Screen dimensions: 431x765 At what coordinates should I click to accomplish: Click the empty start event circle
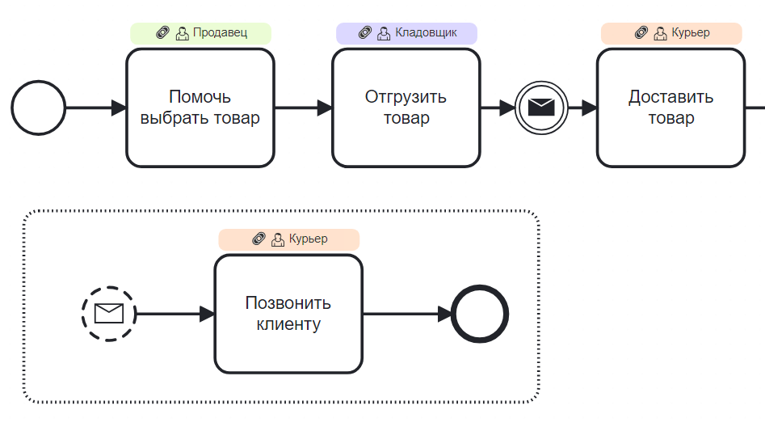tap(38, 108)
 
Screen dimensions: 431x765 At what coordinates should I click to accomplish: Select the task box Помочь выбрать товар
tap(200, 108)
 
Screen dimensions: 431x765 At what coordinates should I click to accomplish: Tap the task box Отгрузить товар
tap(406, 108)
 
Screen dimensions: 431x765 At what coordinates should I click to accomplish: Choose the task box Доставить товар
tap(670, 108)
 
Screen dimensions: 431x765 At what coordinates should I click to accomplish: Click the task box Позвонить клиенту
tap(288, 314)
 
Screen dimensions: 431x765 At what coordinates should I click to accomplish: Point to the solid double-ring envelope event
tap(540, 108)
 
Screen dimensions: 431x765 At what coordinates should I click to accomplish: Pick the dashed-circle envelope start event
tap(108, 314)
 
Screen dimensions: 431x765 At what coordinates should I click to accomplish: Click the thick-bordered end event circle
tap(480, 314)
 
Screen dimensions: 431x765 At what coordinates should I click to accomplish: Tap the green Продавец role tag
tap(200, 33)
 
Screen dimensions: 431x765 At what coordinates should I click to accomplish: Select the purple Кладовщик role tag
tap(406, 33)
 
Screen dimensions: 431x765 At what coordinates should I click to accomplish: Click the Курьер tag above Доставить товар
tap(671, 33)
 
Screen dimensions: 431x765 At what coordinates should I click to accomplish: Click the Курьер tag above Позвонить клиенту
tap(288, 239)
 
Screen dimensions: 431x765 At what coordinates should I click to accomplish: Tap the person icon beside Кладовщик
tap(384, 33)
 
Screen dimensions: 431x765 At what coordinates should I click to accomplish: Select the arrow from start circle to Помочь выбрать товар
tap(95, 108)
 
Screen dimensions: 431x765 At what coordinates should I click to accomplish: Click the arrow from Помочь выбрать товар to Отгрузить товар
tap(303, 108)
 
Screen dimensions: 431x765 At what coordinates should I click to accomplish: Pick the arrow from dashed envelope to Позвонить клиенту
tap(174, 314)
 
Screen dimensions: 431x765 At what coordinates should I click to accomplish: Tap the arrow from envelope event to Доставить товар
tap(582, 108)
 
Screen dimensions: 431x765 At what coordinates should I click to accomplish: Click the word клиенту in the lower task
tap(288, 325)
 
